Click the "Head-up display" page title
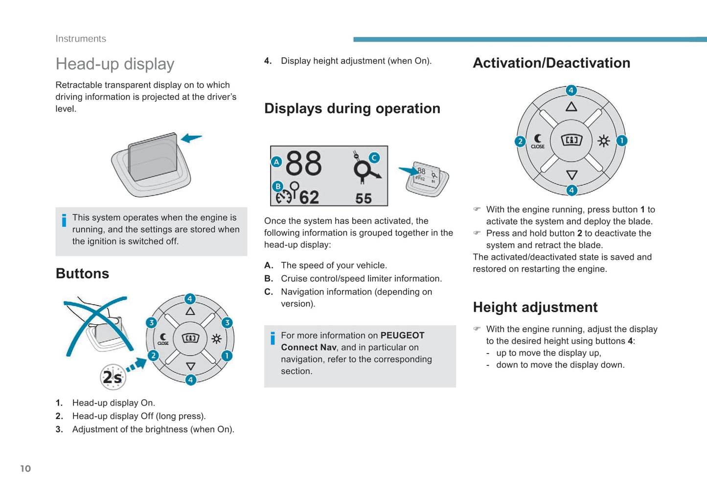click(x=115, y=64)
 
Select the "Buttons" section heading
click(x=82, y=274)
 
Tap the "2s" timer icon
click(x=113, y=377)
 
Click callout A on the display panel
click(x=276, y=162)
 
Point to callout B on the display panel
click(x=278, y=187)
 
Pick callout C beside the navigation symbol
click(x=374, y=158)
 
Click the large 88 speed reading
click(x=304, y=163)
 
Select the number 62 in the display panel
click(x=309, y=197)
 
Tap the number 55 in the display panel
click(x=363, y=199)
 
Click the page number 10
click(x=25, y=468)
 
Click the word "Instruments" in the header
click(x=81, y=39)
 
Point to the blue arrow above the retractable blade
click(x=191, y=138)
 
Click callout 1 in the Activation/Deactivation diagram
click(x=621, y=141)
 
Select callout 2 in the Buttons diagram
click(x=153, y=356)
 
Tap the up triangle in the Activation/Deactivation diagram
click(x=571, y=106)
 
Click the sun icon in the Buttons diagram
click(x=217, y=339)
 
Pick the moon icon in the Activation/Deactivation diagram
click(x=538, y=138)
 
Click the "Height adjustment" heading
click(x=535, y=308)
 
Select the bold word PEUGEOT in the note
click(x=402, y=335)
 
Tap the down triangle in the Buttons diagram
click(x=191, y=366)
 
